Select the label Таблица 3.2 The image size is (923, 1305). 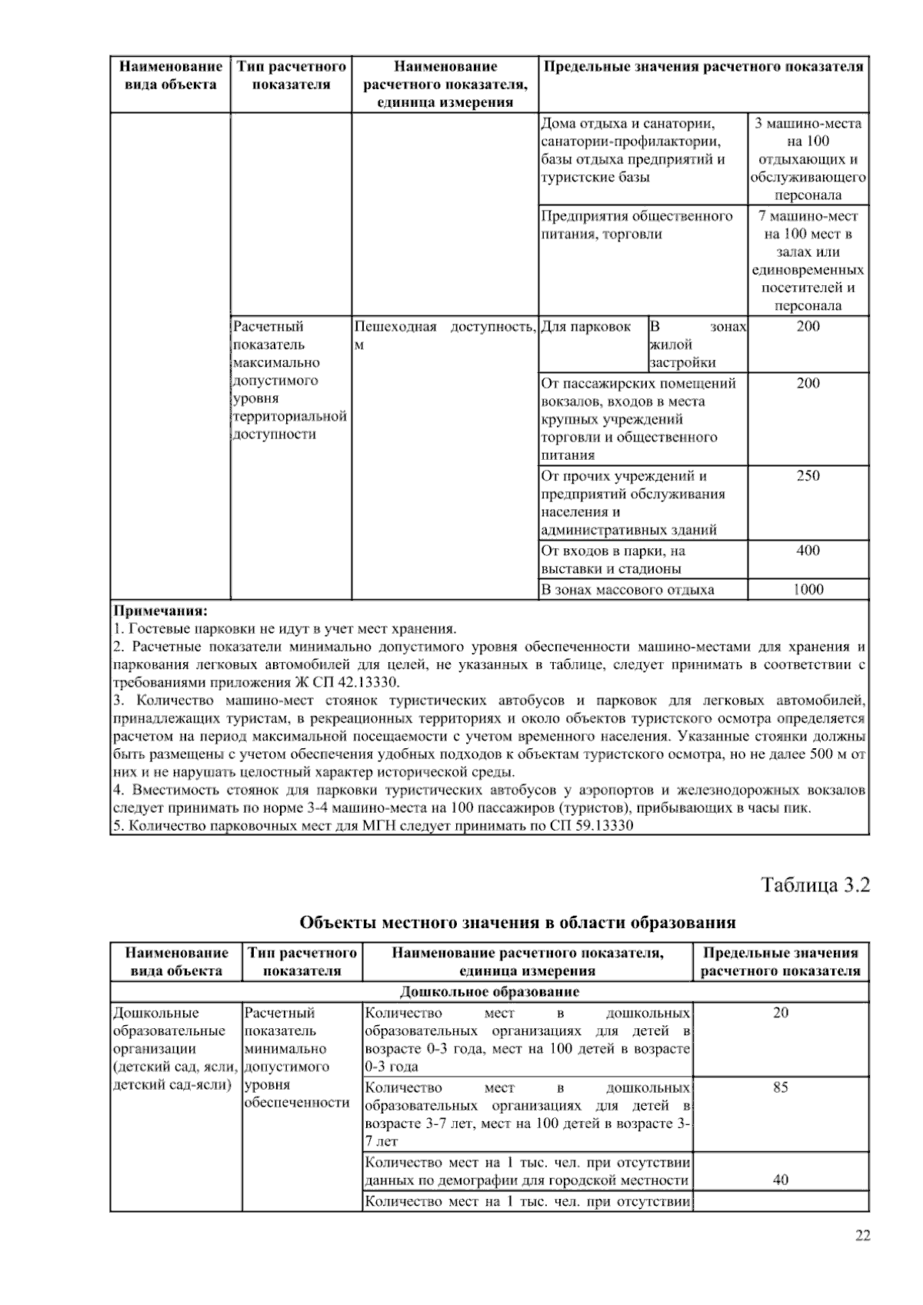click(815, 885)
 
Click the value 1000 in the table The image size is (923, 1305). click(808, 590)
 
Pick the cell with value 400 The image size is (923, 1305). click(808, 551)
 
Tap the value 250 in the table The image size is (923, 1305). click(808, 476)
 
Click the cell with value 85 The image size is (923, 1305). click(780, 1087)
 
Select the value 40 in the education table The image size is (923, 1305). click(780, 1180)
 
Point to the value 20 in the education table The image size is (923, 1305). click(780, 1013)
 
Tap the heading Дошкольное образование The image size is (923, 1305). click(489, 992)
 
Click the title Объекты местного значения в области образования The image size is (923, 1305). click(517, 922)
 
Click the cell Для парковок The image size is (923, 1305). click(586, 327)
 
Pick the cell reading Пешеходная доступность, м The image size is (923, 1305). click(445, 335)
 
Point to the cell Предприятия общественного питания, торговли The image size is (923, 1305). click(636, 225)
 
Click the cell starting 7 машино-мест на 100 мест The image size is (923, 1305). click(808, 261)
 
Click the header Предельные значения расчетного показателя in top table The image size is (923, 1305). click(703, 67)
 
